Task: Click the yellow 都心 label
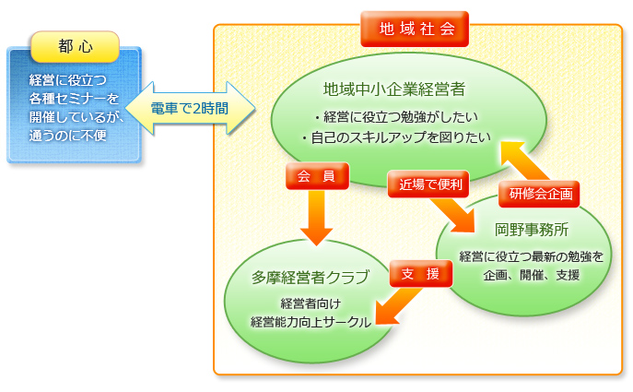75,47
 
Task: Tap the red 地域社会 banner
415,29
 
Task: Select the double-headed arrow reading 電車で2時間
190,108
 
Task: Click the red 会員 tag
317,176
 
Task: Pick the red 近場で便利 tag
428,184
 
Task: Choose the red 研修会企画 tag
539,194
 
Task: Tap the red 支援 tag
421,274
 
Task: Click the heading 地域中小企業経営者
394,89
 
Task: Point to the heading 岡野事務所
532,230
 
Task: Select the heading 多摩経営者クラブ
310,278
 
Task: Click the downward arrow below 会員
317,218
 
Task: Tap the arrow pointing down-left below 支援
398,306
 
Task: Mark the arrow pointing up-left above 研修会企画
523,161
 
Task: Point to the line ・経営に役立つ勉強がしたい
396,117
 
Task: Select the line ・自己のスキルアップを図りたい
396,137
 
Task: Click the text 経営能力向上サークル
311,322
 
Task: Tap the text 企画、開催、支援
532,275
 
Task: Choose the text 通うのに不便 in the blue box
68,136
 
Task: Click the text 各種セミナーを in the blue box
74,98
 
